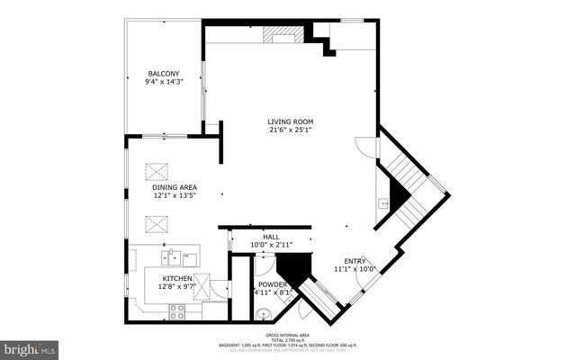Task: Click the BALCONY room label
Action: point(164,73)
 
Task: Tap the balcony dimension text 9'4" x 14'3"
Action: point(164,82)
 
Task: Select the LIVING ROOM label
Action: point(290,121)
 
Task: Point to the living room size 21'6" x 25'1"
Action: point(290,130)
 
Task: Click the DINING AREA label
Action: point(174,186)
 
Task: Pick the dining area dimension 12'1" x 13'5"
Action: point(174,195)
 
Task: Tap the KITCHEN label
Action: point(177,279)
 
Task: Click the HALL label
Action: point(271,237)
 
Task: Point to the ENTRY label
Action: point(355,260)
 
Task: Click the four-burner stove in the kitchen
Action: point(177,311)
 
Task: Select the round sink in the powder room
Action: point(262,314)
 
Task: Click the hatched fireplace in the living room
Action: point(283,35)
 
